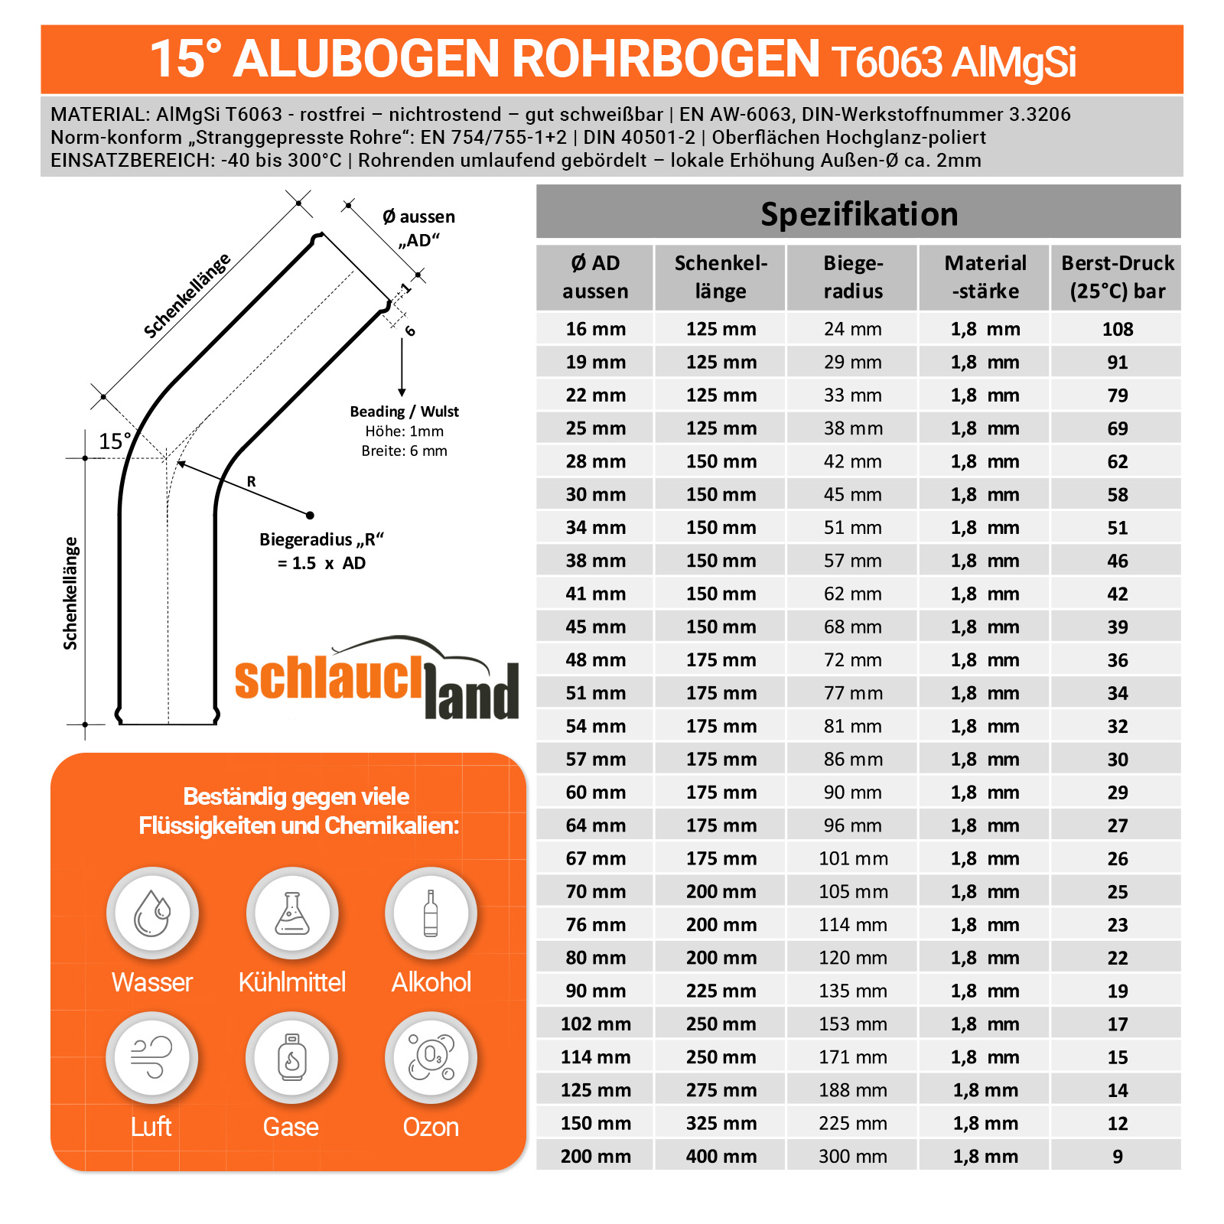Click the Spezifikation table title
click(858, 213)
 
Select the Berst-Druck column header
click(1117, 277)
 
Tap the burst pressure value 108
click(1117, 329)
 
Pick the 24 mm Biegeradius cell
click(852, 329)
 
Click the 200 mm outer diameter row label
click(595, 1156)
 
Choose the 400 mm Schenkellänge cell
click(721, 1156)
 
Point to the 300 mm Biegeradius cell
click(852, 1156)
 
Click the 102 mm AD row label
click(595, 1024)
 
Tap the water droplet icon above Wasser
click(152, 913)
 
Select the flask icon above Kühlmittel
click(292, 913)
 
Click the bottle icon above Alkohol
click(431, 913)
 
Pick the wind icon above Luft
click(152, 1057)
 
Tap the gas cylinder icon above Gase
click(292, 1057)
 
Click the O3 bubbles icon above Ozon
click(431, 1057)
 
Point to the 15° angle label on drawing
click(115, 441)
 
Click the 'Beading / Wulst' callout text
click(404, 412)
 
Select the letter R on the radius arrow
click(251, 482)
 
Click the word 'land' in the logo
click(471, 693)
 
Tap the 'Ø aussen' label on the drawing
click(418, 217)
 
